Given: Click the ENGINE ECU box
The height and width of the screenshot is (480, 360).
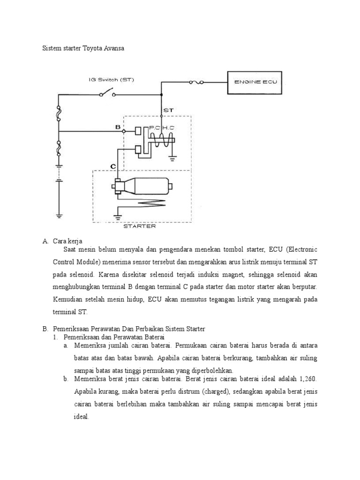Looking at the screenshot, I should [x=255, y=82].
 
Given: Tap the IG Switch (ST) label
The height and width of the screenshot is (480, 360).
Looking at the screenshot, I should [x=112, y=79].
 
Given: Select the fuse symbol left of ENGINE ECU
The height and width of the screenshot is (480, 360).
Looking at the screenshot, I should [x=195, y=82].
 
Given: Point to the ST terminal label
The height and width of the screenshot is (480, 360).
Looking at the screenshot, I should [x=168, y=110].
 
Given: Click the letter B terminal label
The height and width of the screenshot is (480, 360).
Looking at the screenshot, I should [x=118, y=127].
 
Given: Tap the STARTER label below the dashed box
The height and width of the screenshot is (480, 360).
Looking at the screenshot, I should [x=139, y=226].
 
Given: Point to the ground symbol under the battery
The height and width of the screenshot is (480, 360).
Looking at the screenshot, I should [x=59, y=215].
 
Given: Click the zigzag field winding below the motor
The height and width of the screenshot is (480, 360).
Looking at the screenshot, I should [x=141, y=202].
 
